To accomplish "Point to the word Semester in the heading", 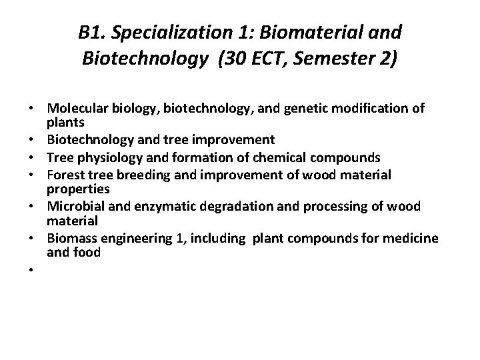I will click(x=333, y=59).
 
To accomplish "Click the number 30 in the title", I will click(x=235, y=59).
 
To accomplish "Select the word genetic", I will click(x=296, y=108).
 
